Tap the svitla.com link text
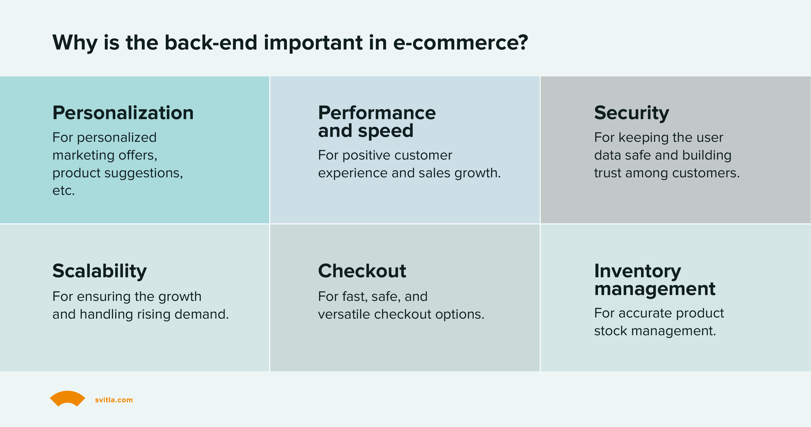[x=114, y=400]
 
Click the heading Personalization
[x=123, y=113]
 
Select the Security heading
[x=631, y=113]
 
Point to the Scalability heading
[x=99, y=271]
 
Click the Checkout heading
[x=362, y=271]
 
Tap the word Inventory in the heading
[x=637, y=271]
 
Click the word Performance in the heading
[x=377, y=113]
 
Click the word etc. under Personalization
[x=63, y=191]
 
